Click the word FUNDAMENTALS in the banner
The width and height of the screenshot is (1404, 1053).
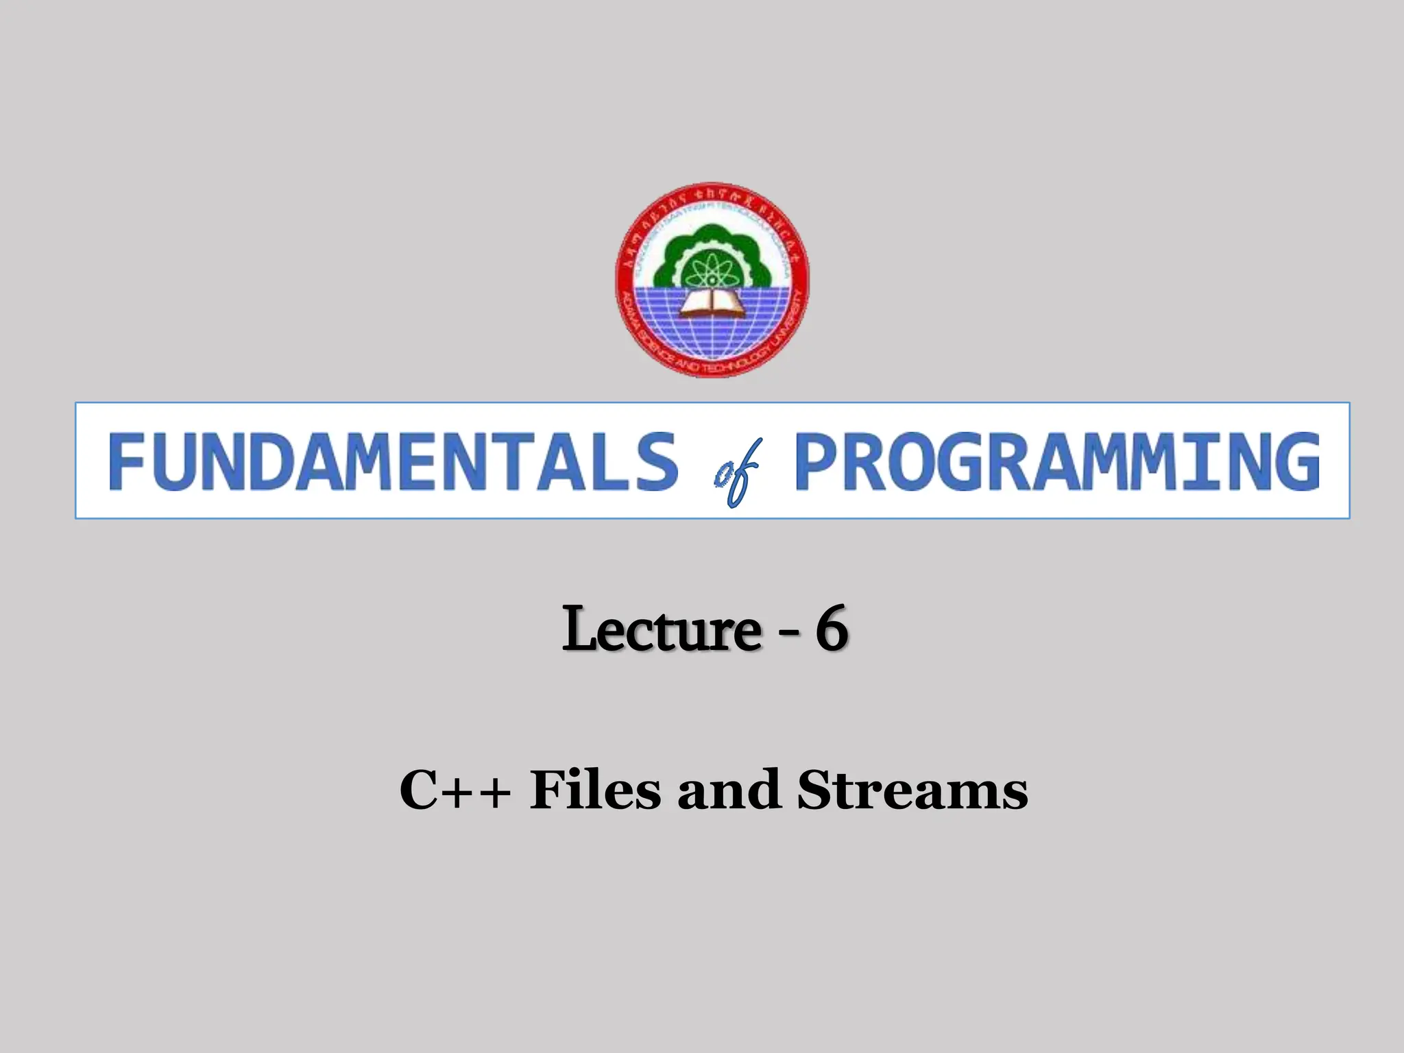point(393,461)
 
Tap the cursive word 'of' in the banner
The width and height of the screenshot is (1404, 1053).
point(736,473)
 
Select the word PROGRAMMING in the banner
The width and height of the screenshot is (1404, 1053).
point(1056,461)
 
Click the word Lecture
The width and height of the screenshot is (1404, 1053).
point(661,629)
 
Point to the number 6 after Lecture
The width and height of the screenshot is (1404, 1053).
point(831,629)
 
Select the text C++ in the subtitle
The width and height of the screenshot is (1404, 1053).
point(455,790)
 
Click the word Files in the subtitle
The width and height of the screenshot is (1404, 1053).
point(594,790)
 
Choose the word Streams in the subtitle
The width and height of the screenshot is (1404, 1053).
point(912,790)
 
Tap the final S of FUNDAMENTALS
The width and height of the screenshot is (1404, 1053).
point(657,461)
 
